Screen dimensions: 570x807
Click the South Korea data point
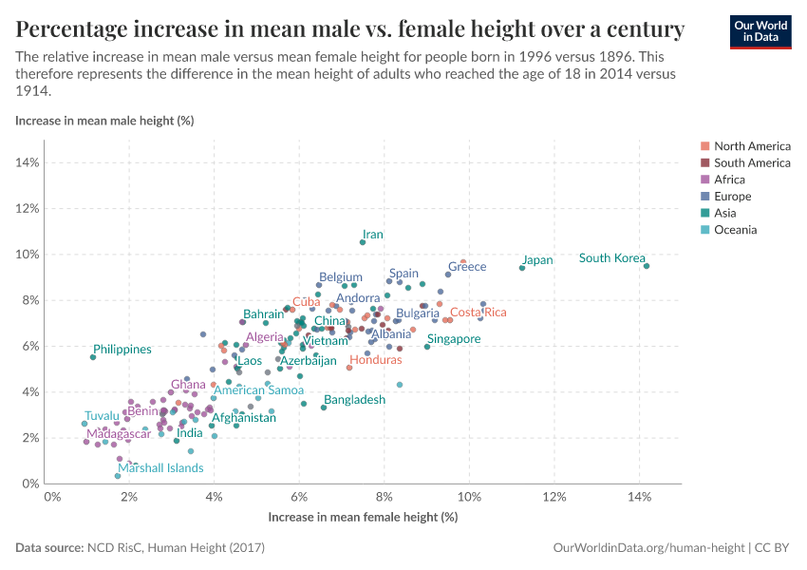coord(647,266)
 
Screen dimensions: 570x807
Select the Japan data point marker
coord(522,268)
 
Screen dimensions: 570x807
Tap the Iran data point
coord(363,242)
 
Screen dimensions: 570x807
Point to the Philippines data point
coord(93,357)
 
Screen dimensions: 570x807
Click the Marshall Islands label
coord(160,468)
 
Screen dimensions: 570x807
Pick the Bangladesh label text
coord(355,400)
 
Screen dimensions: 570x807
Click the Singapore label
coord(454,339)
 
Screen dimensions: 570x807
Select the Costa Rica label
coord(479,313)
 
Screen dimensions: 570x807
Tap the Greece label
coord(467,267)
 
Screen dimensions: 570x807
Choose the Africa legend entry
coord(729,180)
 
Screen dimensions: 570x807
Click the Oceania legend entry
coord(735,230)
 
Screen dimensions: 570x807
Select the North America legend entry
coord(752,146)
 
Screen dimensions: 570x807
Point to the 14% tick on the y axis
coord(26,162)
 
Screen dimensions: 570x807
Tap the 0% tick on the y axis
coord(28,484)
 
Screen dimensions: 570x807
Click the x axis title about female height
coord(363,517)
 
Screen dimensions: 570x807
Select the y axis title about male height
coord(104,121)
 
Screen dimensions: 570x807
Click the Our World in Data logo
coord(760,30)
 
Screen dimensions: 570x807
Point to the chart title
coord(349,30)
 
